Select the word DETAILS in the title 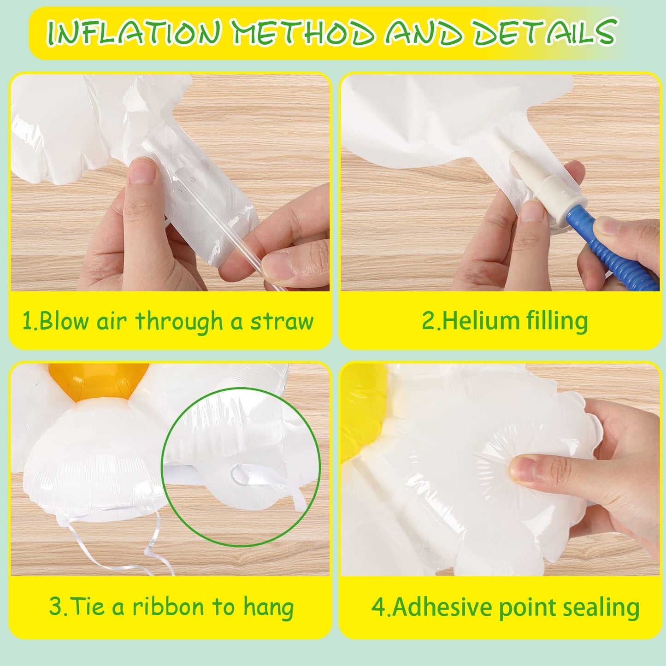[544, 32]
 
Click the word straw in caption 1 [282, 321]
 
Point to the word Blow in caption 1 [63, 320]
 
